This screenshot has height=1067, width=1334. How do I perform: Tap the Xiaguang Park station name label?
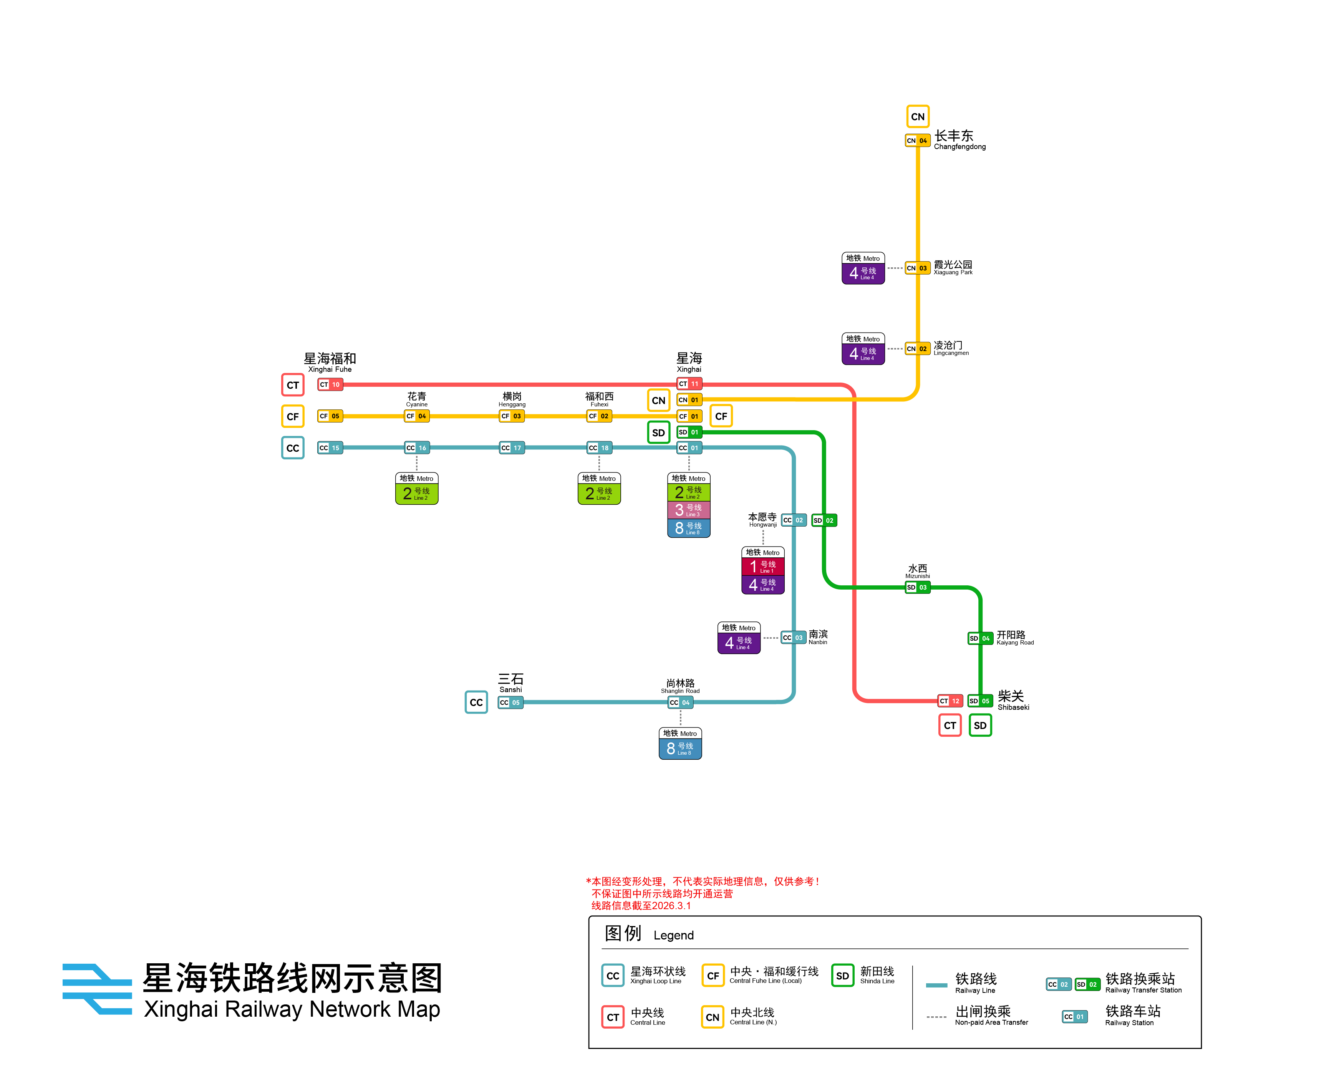coord(953,267)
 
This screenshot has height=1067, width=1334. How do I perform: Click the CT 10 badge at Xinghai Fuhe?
coord(330,384)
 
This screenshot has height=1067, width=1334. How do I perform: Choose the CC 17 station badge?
coord(512,448)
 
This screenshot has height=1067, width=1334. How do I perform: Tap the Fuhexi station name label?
coord(599,399)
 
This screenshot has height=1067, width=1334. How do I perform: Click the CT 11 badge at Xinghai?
coord(689,383)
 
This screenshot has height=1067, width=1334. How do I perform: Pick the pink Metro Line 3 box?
coord(689,510)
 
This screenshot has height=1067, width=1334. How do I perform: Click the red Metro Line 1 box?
coord(763,566)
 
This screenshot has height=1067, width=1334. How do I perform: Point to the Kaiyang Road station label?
coord(1015,638)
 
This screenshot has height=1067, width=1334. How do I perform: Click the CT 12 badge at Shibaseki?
coord(950,701)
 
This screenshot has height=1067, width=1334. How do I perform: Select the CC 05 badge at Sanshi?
coord(510,702)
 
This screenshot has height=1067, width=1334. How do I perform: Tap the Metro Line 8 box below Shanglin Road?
coord(680,749)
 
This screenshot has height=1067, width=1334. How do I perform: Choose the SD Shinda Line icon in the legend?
coord(842,976)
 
